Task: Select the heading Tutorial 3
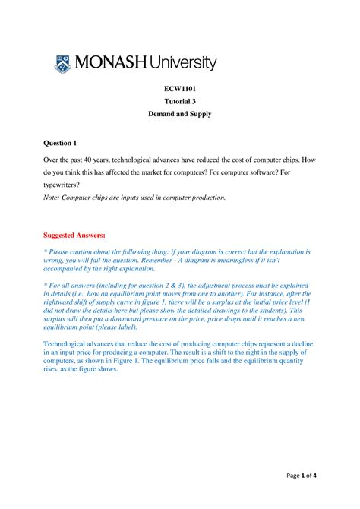tap(180, 103)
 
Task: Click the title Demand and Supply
tap(180, 119)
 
